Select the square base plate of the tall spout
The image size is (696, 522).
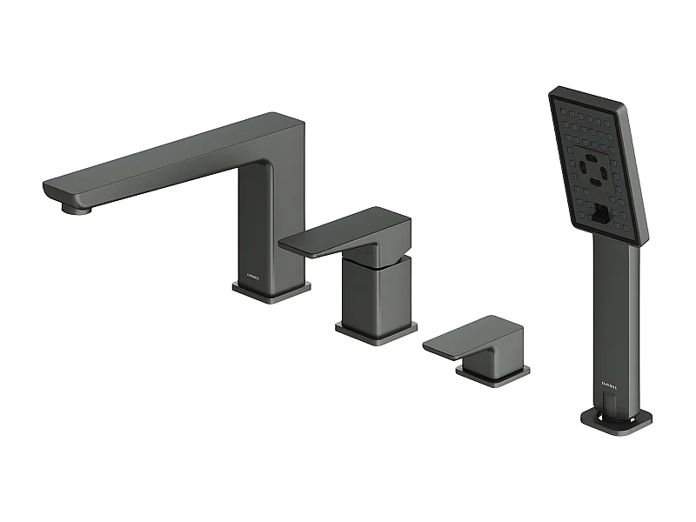pyautogui.click(x=271, y=291)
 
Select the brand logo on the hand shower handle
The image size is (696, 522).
pyautogui.click(x=610, y=380)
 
